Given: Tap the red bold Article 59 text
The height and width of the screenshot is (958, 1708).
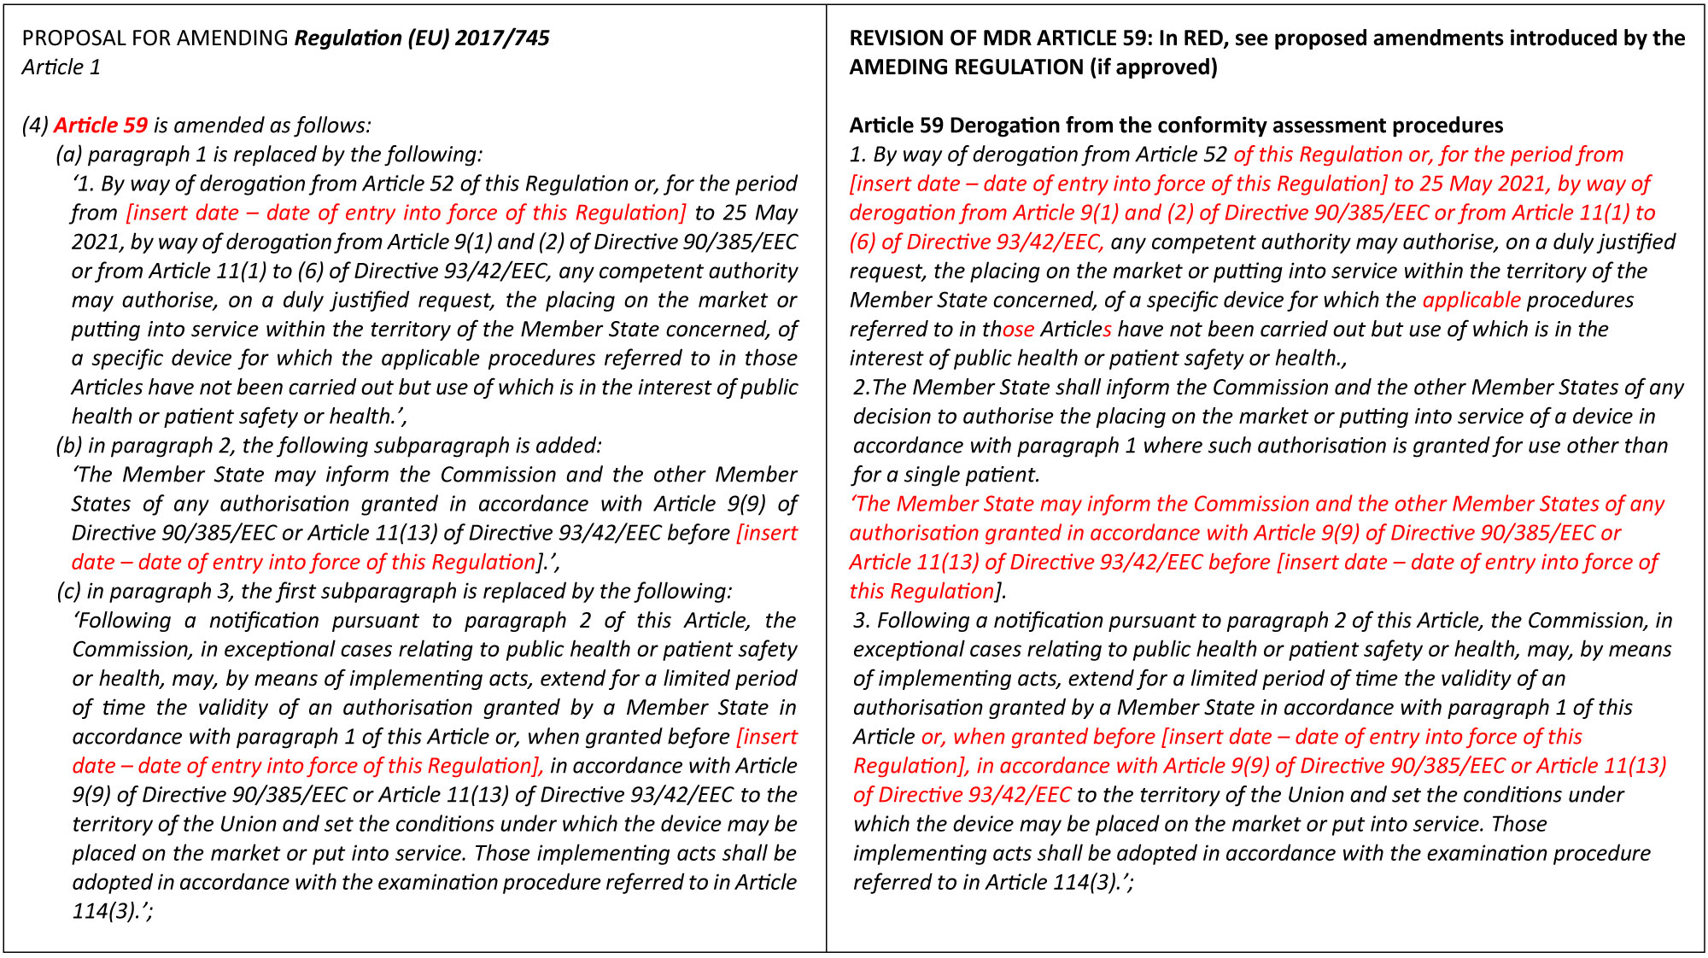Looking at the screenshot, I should click(101, 126).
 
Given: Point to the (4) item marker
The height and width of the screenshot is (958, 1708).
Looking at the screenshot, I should click(35, 126).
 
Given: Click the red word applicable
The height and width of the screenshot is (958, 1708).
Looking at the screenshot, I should click(1471, 301).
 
